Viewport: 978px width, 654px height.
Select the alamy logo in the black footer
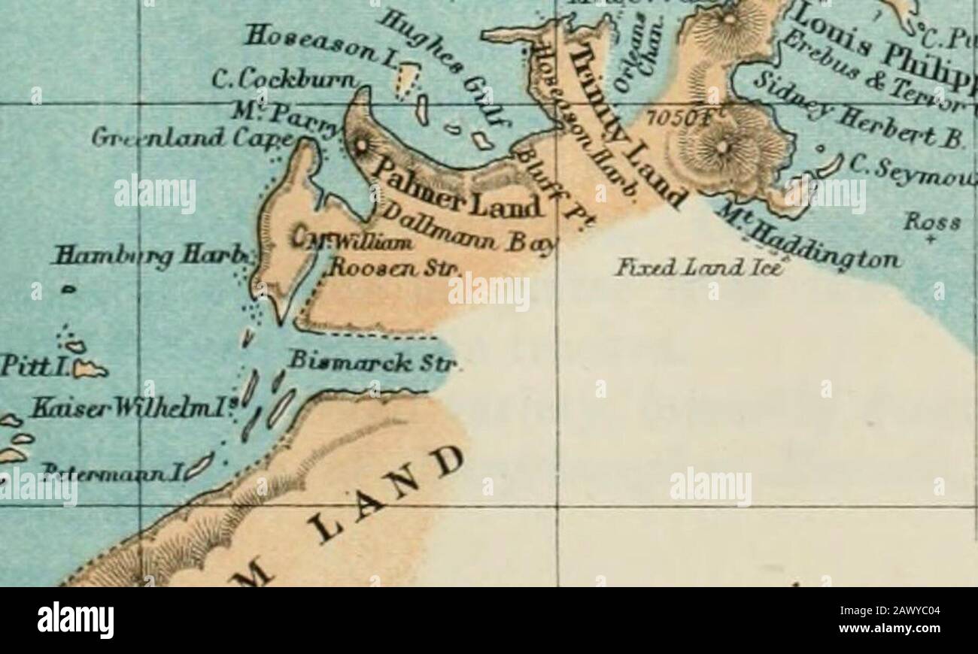pos(76,620)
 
